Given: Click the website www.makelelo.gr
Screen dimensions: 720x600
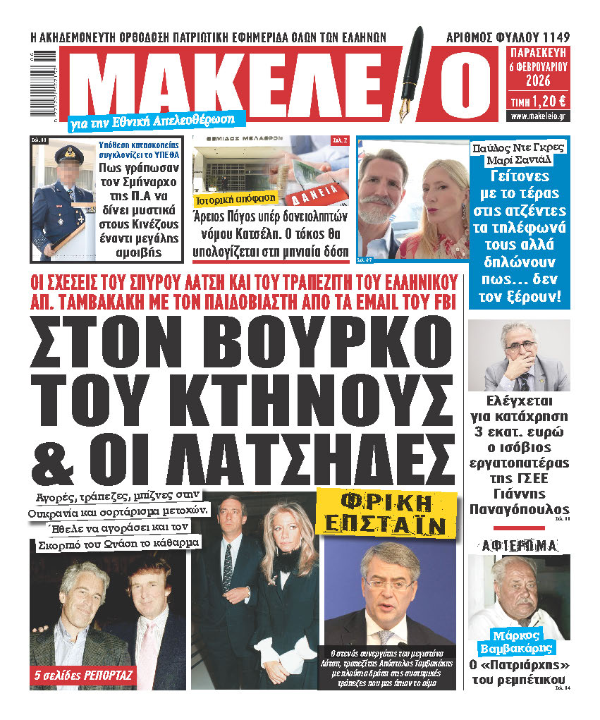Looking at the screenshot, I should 539,116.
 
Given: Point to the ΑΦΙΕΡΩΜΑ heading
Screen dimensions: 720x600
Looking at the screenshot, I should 519,544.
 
